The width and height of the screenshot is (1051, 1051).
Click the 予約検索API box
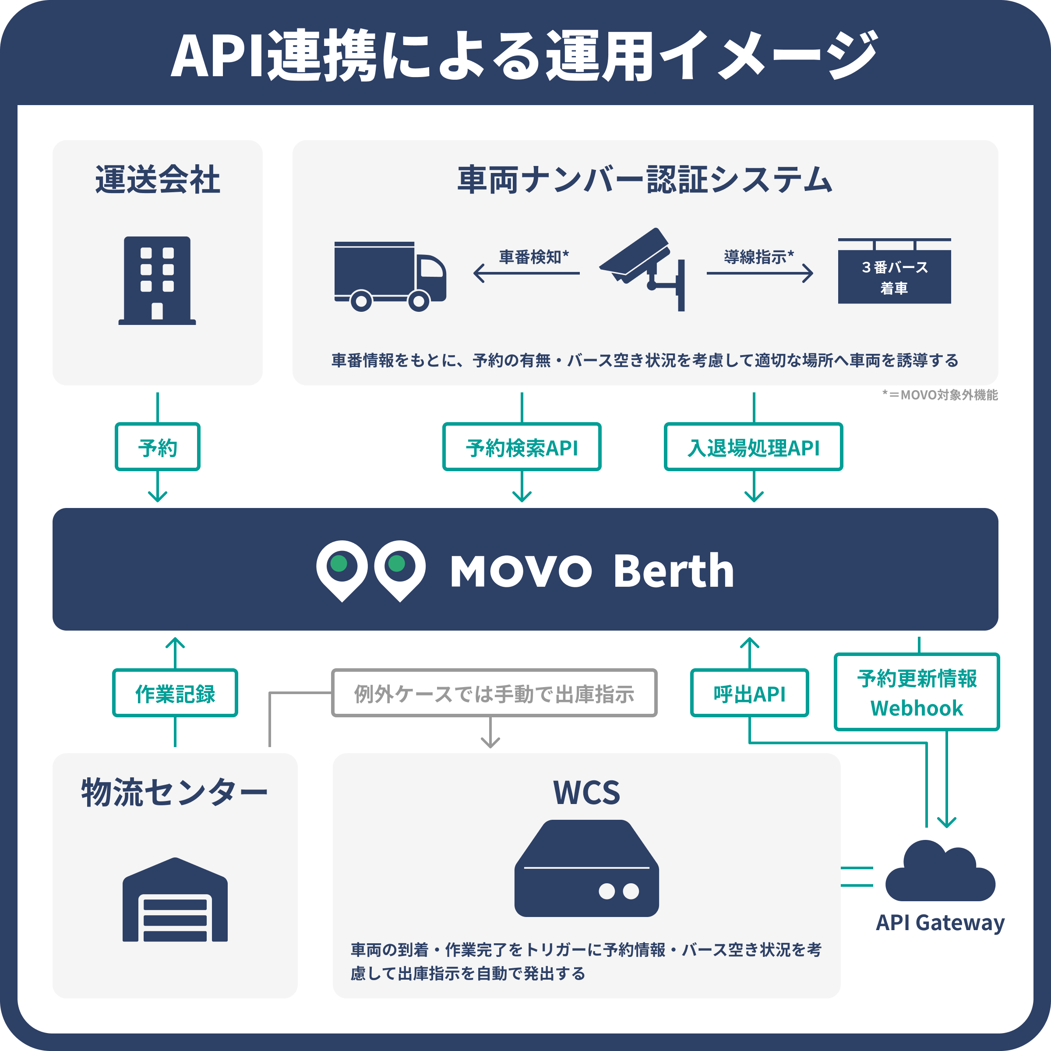pos(521,447)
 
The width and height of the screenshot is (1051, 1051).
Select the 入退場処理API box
pos(753,447)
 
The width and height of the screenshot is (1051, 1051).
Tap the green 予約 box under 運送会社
pos(157,447)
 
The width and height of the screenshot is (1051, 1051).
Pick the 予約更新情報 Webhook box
pos(917,691)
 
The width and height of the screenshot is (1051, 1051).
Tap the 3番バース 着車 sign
pos(894,276)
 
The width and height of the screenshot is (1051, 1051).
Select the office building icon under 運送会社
pos(157,280)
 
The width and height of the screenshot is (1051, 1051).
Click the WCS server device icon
pos(586,868)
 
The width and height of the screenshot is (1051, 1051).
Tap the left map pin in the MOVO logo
pos(342,569)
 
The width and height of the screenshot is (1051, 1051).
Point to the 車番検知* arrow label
pos(534,256)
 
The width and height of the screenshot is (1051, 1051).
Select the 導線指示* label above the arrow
pos(758,256)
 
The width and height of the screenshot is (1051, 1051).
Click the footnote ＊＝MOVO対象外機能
pos(939,395)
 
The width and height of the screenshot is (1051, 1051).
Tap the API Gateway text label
pos(939,923)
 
